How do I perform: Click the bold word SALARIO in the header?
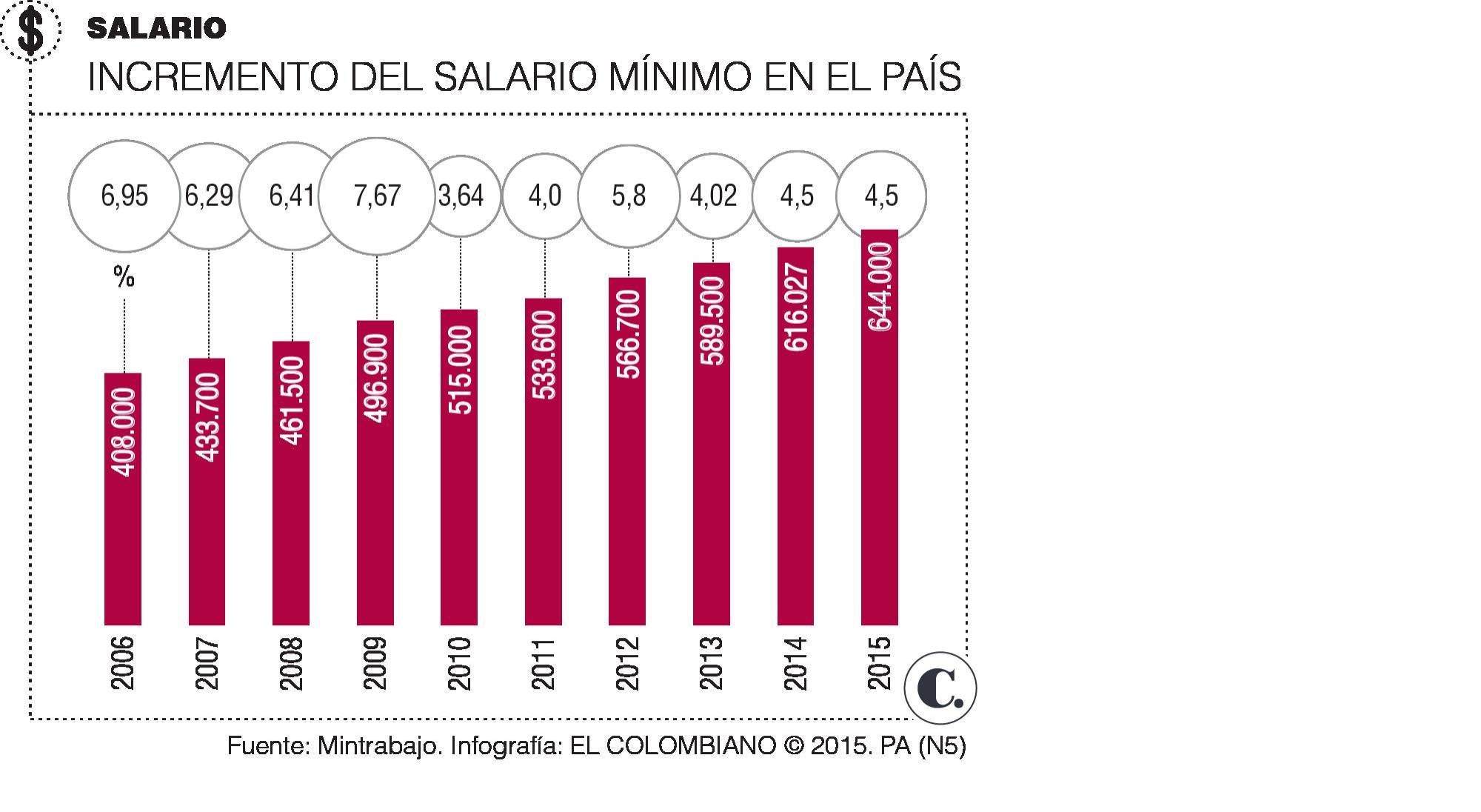click(156, 29)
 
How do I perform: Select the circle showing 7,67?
click(377, 196)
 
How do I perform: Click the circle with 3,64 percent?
click(461, 196)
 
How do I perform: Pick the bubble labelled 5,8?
click(629, 196)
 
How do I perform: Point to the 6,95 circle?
click(124, 196)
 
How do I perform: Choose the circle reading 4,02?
click(713, 196)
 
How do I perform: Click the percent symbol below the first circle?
click(124, 278)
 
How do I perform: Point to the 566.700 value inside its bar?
click(628, 334)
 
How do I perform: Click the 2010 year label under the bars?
click(460, 663)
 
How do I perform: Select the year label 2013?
click(712, 663)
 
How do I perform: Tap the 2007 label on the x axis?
click(207, 663)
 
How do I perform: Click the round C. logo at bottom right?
click(940, 688)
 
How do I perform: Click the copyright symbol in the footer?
click(793, 745)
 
